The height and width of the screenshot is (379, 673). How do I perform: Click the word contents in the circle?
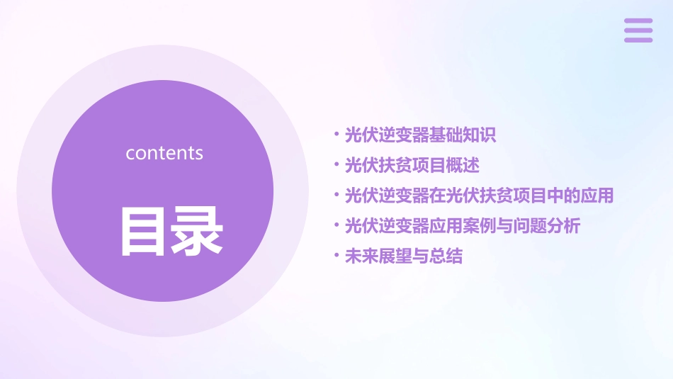(164, 153)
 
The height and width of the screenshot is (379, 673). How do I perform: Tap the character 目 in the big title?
(143, 230)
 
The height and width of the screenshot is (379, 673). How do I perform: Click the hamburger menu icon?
(638, 30)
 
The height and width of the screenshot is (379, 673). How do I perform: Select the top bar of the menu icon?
(638, 21)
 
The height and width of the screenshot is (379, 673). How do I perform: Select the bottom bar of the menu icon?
(638, 40)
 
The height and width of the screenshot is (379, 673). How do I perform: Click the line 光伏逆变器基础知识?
(420, 135)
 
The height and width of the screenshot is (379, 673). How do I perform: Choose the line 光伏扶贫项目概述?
(412, 166)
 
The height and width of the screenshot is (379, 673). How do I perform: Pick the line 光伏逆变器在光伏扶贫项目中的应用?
(478, 196)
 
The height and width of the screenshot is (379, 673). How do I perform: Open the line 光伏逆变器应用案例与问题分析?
(462, 226)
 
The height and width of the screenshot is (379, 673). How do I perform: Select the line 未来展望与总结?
(403, 256)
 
